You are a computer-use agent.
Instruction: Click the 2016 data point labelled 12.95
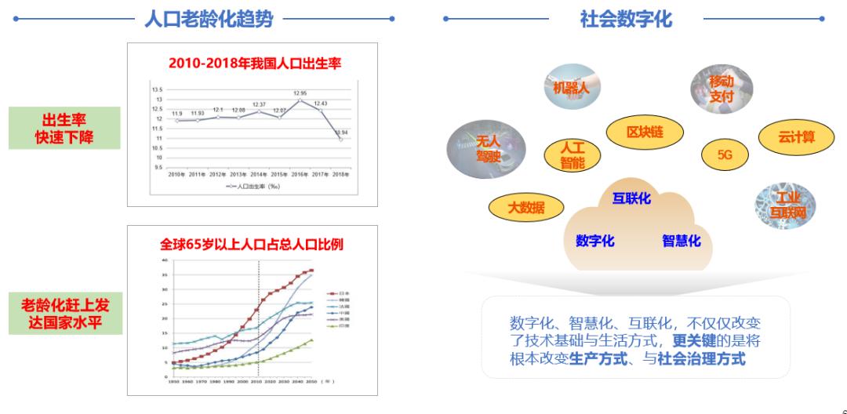[x=300, y=100]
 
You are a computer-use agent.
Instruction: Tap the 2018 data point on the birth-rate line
[x=341, y=139]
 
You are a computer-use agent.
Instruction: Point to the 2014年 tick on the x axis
[x=259, y=174]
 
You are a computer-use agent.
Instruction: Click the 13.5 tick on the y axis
[x=157, y=90]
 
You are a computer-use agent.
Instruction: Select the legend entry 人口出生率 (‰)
[x=255, y=187]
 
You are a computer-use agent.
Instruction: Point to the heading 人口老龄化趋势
[x=209, y=20]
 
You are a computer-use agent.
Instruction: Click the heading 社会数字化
[x=626, y=20]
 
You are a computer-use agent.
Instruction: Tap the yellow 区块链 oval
[x=645, y=133]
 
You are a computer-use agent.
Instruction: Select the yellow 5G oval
[x=724, y=155]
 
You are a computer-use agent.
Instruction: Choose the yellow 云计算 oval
[x=795, y=138]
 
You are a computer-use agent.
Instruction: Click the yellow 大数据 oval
[x=525, y=208]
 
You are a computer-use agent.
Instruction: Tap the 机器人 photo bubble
[x=571, y=87]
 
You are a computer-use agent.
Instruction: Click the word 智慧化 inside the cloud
[x=681, y=241]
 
